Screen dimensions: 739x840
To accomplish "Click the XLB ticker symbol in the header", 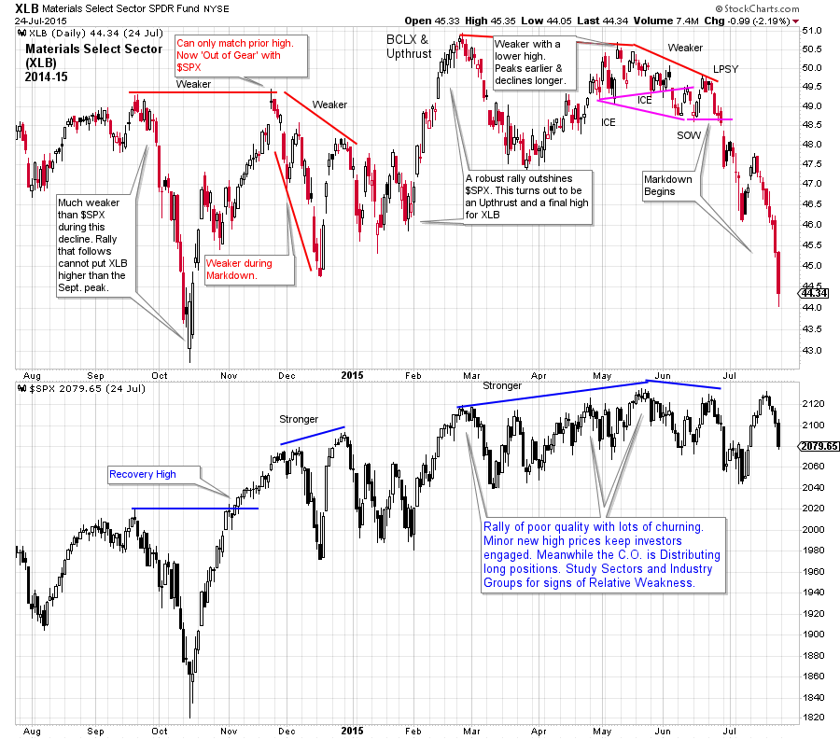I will pos(27,7).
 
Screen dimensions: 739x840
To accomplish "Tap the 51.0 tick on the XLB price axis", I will pos(813,31).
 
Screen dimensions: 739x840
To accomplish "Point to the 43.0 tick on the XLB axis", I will pos(813,351).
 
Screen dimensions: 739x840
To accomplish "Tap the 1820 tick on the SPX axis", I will pos(813,718).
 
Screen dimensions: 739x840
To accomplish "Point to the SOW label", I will pos(688,135).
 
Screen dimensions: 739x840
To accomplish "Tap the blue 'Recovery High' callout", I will pos(142,474).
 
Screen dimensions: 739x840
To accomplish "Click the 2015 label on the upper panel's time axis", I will pos(351,375).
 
